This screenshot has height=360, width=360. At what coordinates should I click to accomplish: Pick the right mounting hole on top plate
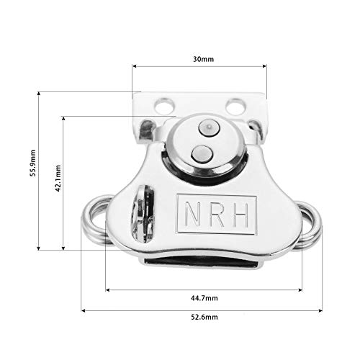coord(234,108)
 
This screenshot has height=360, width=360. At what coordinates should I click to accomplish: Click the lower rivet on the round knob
coord(200,152)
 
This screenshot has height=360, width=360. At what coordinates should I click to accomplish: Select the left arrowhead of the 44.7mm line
coord(109,290)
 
